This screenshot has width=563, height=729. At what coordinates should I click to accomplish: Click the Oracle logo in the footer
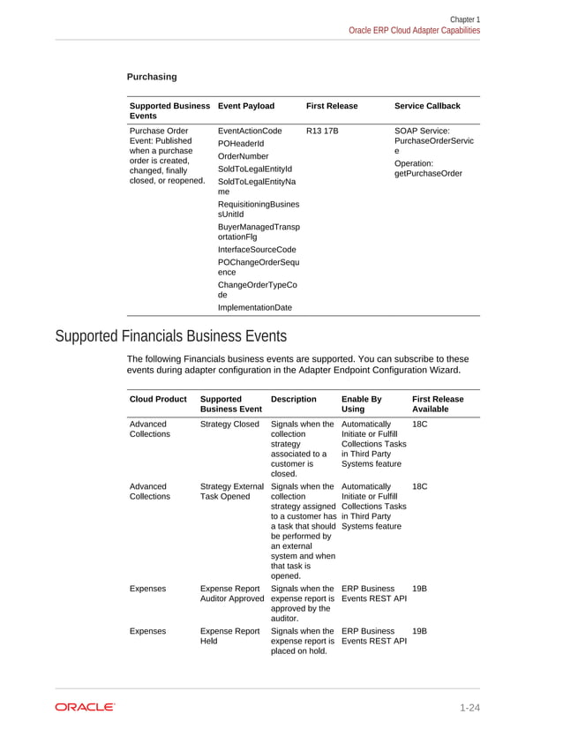click(x=85, y=707)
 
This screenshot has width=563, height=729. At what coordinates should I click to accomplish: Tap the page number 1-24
click(x=469, y=707)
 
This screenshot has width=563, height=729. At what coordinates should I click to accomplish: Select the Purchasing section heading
click(x=152, y=77)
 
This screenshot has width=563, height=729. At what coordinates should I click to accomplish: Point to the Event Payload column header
click(x=245, y=106)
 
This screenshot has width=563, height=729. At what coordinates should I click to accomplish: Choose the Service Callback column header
click(x=427, y=106)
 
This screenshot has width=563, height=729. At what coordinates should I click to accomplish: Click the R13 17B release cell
click(x=322, y=131)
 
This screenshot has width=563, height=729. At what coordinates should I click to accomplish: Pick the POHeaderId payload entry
click(x=239, y=143)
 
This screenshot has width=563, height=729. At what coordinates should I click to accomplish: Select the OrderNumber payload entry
click(x=243, y=156)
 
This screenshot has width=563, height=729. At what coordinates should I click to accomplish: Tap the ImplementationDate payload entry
click(x=254, y=307)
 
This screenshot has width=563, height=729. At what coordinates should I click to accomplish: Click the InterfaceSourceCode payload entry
click(x=257, y=250)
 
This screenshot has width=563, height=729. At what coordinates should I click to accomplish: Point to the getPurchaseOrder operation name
click(x=428, y=173)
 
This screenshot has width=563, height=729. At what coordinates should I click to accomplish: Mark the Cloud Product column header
click(x=158, y=399)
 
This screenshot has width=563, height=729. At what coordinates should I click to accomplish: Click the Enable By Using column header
click(x=361, y=404)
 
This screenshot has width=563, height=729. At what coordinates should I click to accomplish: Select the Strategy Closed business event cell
click(x=229, y=425)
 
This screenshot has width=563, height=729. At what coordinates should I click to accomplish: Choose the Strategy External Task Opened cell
click(x=231, y=492)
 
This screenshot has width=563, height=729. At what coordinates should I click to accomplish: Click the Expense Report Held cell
click(x=229, y=637)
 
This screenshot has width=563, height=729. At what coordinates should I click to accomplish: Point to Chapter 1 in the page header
click(x=465, y=19)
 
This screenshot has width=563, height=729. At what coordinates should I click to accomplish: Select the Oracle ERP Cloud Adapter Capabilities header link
click(x=414, y=30)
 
